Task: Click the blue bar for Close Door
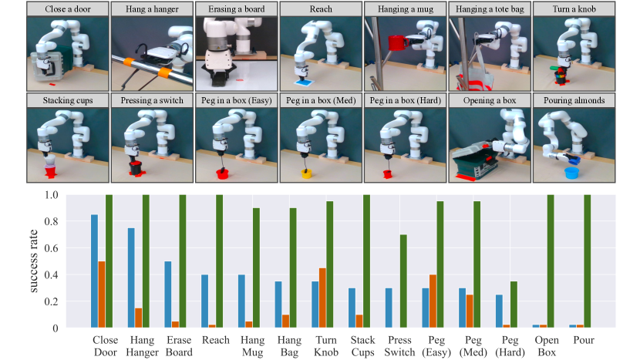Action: pyautogui.click(x=94, y=271)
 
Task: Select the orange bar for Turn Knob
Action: pyautogui.click(x=322, y=298)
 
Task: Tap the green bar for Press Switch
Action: pyautogui.click(x=403, y=281)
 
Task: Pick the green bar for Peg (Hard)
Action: pyautogui.click(x=514, y=304)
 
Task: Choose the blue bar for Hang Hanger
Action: pyautogui.click(x=131, y=278)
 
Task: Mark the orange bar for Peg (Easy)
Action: pyautogui.click(x=433, y=301)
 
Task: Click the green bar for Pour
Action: pyautogui.click(x=588, y=261)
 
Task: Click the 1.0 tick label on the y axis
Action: pyautogui.click(x=52, y=195)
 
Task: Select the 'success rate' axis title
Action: pyautogui.click(x=33, y=261)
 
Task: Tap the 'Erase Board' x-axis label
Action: pyautogui.click(x=179, y=346)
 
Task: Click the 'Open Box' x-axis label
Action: pyautogui.click(x=547, y=346)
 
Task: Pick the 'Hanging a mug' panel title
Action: pyautogui.click(x=406, y=9)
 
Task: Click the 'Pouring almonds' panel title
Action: pyautogui.click(x=574, y=100)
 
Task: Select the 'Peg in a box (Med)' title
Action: pyautogui.click(x=321, y=100)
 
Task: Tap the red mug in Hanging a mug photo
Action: pyautogui.click(x=395, y=43)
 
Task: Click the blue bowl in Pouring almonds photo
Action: pyautogui.click(x=571, y=173)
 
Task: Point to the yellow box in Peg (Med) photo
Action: pyautogui.click(x=306, y=173)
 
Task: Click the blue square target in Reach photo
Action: pyautogui.click(x=304, y=82)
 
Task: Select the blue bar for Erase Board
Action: pyautogui.click(x=168, y=294)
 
